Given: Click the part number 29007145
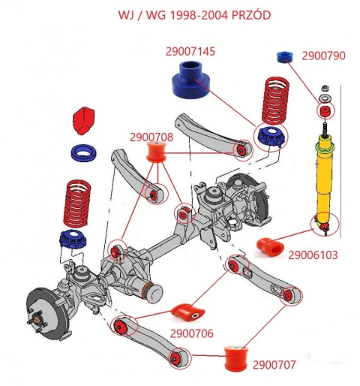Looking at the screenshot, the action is [190, 52].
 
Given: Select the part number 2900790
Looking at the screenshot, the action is [323, 56].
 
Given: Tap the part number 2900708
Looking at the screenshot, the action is [151, 137].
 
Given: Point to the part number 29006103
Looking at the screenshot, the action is [313, 255].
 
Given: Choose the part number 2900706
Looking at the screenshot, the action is [192, 333].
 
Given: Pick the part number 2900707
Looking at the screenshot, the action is [274, 365].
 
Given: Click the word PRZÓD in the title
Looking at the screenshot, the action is [251, 15].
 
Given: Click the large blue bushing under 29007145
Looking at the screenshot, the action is [191, 80].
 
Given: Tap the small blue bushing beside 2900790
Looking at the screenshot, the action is [285, 57].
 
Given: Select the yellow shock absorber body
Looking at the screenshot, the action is [325, 179].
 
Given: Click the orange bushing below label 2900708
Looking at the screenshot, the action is [156, 152].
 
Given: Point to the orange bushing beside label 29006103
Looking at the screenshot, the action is [270, 247].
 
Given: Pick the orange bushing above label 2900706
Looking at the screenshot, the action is [187, 312].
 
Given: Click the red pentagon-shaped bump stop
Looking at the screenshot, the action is [83, 121].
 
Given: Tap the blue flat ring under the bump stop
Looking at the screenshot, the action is [84, 152].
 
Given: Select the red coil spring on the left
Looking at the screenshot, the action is [77, 203].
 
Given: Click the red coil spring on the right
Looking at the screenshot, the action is [275, 101].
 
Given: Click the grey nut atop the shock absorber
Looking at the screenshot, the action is [325, 88].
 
